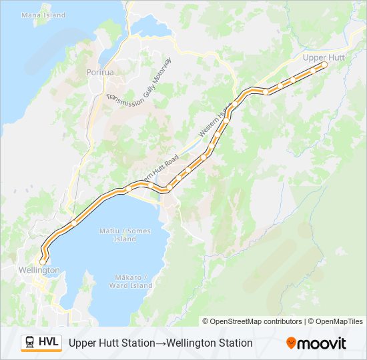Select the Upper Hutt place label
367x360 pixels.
[323, 57]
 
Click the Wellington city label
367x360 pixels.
[39, 270]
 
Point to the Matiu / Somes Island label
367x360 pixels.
[125, 235]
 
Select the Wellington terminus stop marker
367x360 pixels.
[43, 261]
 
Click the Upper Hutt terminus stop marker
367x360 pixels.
[325, 65]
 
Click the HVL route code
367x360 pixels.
[49, 343]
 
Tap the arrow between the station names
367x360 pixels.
[158, 343]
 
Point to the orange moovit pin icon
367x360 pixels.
[291, 343]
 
